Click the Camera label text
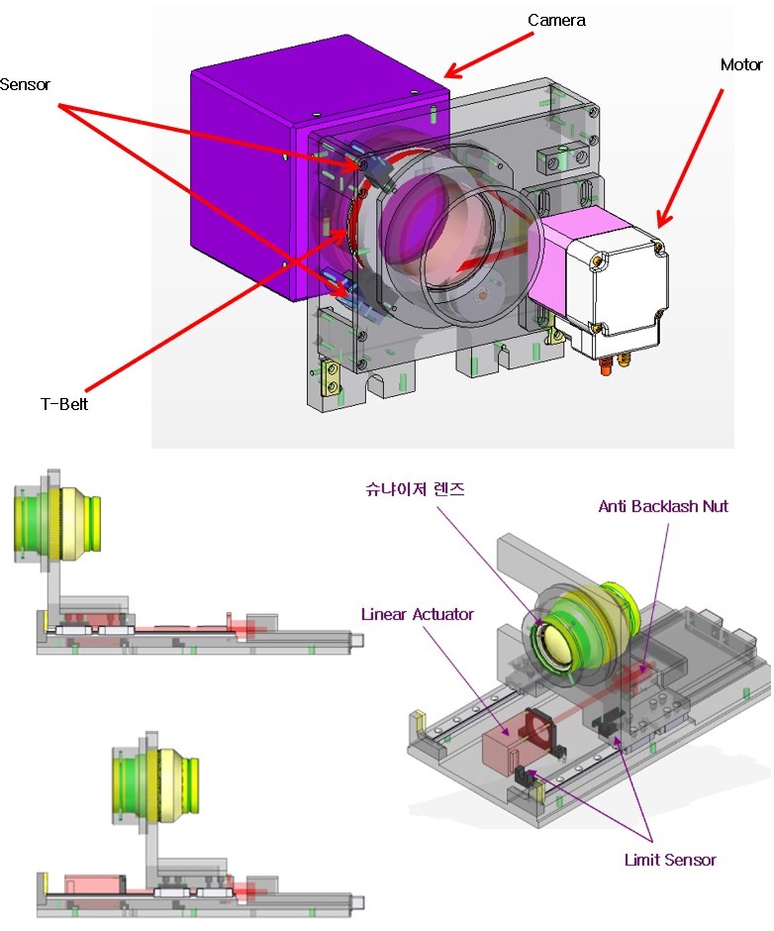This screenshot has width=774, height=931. tap(557, 20)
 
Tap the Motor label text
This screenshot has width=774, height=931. tap(741, 64)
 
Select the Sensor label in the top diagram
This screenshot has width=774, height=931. tap(25, 84)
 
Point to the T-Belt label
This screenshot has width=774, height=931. tap(64, 404)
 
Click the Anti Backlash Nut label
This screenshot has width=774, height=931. tap(663, 506)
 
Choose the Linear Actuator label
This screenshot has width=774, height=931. tap(418, 614)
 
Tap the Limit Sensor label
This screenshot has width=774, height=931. tap(670, 860)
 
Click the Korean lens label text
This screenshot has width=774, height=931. tap(415, 489)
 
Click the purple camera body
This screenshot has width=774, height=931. tap(249, 178)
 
